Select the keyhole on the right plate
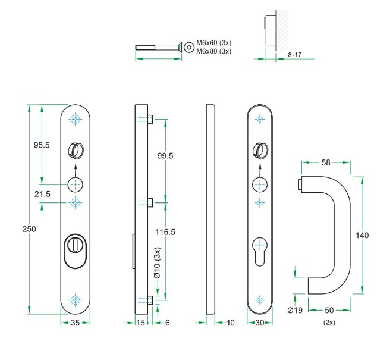(x=259, y=245)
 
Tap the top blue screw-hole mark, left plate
(x=75, y=119)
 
